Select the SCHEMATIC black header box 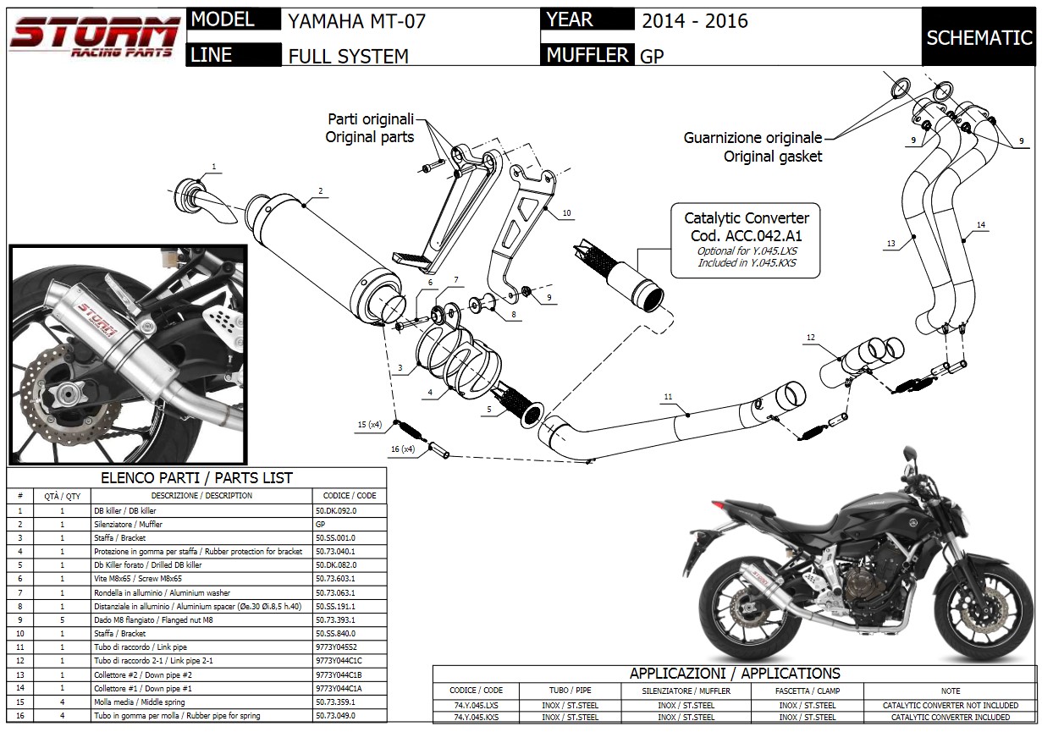click(979, 38)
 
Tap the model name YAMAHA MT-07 click(356, 20)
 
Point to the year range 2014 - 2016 click(694, 20)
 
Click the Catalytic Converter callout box click(746, 239)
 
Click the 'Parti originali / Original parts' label click(370, 128)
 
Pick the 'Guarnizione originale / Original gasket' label click(753, 146)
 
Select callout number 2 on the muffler click(321, 190)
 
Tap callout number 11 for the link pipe click(668, 396)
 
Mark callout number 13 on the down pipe click(890, 243)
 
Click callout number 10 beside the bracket click(566, 213)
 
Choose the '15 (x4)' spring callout click(369, 423)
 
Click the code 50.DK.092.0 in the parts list click(336, 511)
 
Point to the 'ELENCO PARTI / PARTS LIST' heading click(196, 477)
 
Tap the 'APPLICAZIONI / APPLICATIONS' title click(734, 674)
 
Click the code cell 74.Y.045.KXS click(476, 718)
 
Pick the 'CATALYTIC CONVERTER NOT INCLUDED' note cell click(950, 705)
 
